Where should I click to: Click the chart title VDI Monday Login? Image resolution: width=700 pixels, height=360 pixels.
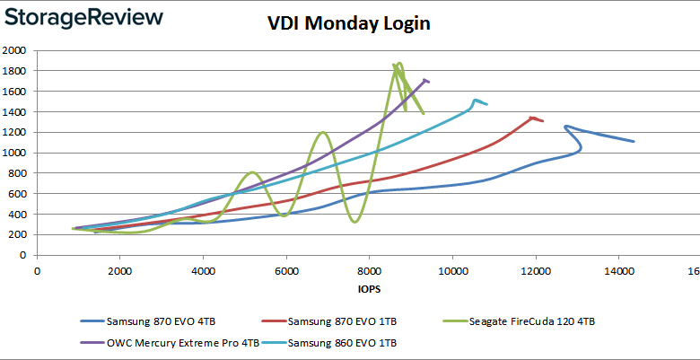pyautogui.click(x=349, y=23)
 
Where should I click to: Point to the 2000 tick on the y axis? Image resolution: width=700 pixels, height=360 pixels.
pyautogui.click(x=14, y=50)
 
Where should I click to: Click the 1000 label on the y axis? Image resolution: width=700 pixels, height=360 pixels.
pyautogui.click(x=14, y=153)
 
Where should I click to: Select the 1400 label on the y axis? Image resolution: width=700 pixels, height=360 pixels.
pyautogui.click(x=14, y=111)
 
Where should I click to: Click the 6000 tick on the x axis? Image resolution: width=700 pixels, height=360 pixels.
pyautogui.click(x=286, y=270)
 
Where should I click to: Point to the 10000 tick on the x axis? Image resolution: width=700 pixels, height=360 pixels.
pyautogui.click(x=451, y=270)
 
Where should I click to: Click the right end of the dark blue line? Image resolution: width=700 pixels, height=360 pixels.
pyautogui.click(x=634, y=141)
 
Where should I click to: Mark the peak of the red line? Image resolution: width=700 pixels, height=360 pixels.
pyautogui.click(x=533, y=117)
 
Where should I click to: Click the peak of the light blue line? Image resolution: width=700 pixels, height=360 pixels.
pyautogui.click(x=476, y=100)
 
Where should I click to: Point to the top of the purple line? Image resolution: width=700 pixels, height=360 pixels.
pyautogui.click(x=425, y=79)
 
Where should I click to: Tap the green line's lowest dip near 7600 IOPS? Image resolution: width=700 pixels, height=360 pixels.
pyautogui.click(x=355, y=222)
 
